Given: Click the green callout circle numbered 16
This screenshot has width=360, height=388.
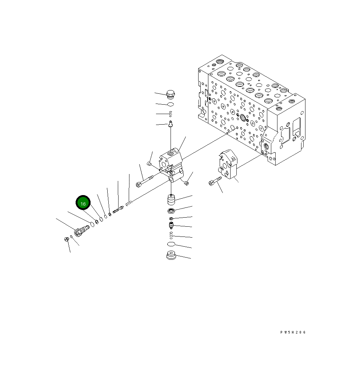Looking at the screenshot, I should [83, 203].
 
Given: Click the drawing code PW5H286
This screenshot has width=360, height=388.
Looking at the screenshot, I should [293, 332].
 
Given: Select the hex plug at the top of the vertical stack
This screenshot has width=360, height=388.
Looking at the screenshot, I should [170, 95].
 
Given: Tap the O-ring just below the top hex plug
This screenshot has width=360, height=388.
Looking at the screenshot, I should [170, 105].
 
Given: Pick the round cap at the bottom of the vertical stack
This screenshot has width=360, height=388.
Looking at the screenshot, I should [171, 256].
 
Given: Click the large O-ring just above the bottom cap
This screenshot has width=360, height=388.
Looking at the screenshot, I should [171, 244].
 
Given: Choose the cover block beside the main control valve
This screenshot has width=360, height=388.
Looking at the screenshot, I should [228, 164].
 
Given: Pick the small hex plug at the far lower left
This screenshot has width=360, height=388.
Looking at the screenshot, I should [66, 239].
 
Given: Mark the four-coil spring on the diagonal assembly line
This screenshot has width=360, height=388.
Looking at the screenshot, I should [128, 203].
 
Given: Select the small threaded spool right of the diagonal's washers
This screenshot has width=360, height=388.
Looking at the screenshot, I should [118, 210].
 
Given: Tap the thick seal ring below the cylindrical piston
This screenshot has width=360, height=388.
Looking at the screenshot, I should [171, 211].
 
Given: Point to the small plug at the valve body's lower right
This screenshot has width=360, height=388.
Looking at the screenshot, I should [187, 183].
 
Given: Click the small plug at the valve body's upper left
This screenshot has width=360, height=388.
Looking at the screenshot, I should [149, 164].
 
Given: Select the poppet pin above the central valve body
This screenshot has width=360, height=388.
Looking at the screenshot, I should [170, 124].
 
